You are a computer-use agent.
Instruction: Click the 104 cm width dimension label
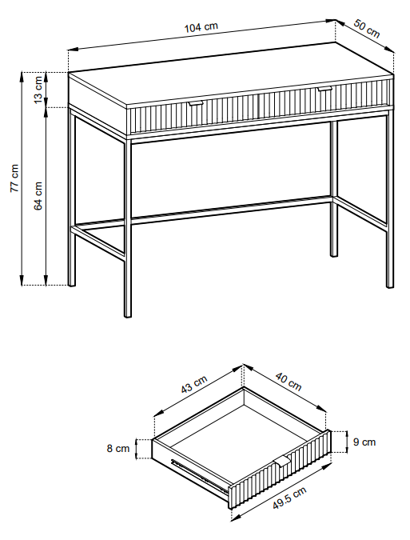point(201,27)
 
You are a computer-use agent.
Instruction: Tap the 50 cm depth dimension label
point(367,29)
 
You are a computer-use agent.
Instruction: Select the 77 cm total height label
point(14,178)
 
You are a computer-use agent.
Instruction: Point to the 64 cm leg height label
point(38,196)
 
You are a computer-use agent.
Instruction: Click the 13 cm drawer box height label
point(38,89)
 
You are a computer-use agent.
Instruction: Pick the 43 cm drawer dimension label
point(194,384)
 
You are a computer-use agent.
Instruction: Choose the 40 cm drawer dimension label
point(289,382)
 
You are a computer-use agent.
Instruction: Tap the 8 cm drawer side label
point(118,448)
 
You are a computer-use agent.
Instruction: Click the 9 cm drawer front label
point(364,442)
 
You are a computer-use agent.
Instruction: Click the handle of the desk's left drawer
point(196,103)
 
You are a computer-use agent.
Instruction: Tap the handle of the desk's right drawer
point(324,89)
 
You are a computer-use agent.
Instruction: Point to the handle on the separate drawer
point(282,461)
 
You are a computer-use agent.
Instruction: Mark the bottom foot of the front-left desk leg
point(128,314)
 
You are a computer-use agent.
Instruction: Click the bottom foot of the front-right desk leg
point(390,285)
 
